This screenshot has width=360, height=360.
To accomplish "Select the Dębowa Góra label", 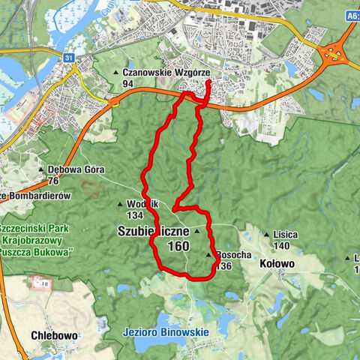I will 75,169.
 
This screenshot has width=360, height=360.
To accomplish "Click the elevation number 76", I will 53,180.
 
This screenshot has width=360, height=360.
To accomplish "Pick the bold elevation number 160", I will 178,246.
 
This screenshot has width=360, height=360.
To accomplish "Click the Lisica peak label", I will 286,234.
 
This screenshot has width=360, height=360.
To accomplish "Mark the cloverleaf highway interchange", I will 331,54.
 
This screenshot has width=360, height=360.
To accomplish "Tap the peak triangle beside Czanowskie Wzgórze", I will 116,73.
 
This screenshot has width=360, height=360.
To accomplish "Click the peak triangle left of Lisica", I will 267,235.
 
